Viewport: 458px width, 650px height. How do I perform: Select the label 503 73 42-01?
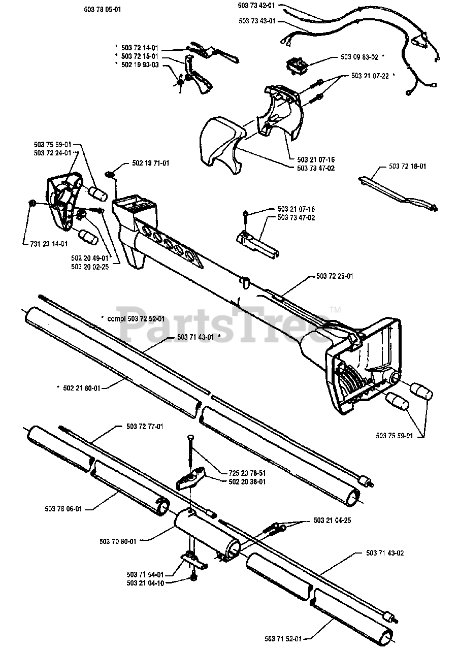pyautogui.click(x=256, y=5)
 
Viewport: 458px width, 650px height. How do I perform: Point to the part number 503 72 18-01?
pyautogui.click(x=407, y=166)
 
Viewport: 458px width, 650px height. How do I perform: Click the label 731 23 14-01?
pyautogui.click(x=46, y=244)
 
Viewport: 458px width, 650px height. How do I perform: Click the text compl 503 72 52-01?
pyautogui.click(x=136, y=318)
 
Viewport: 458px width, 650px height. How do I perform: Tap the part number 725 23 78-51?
pyautogui.click(x=247, y=472)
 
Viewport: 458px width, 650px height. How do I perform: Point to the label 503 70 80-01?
pyautogui.click(x=118, y=541)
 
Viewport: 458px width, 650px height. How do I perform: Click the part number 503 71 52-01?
pyautogui.click(x=283, y=638)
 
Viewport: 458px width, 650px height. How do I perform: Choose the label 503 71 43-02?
pyautogui.click(x=384, y=552)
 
